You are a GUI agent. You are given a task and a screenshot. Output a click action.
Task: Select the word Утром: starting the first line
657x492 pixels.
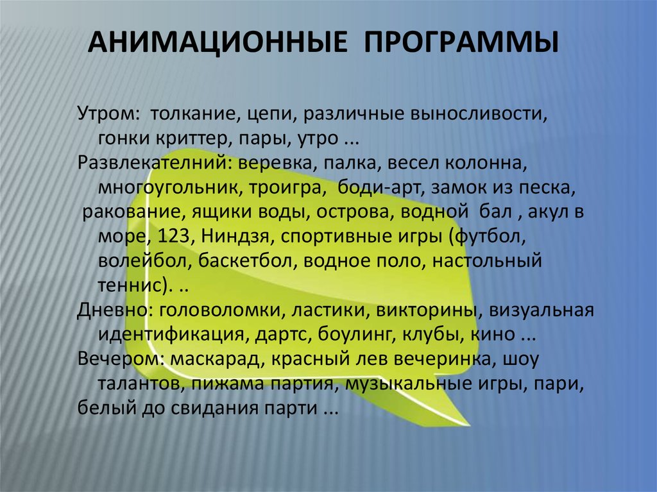pos(108,115)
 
